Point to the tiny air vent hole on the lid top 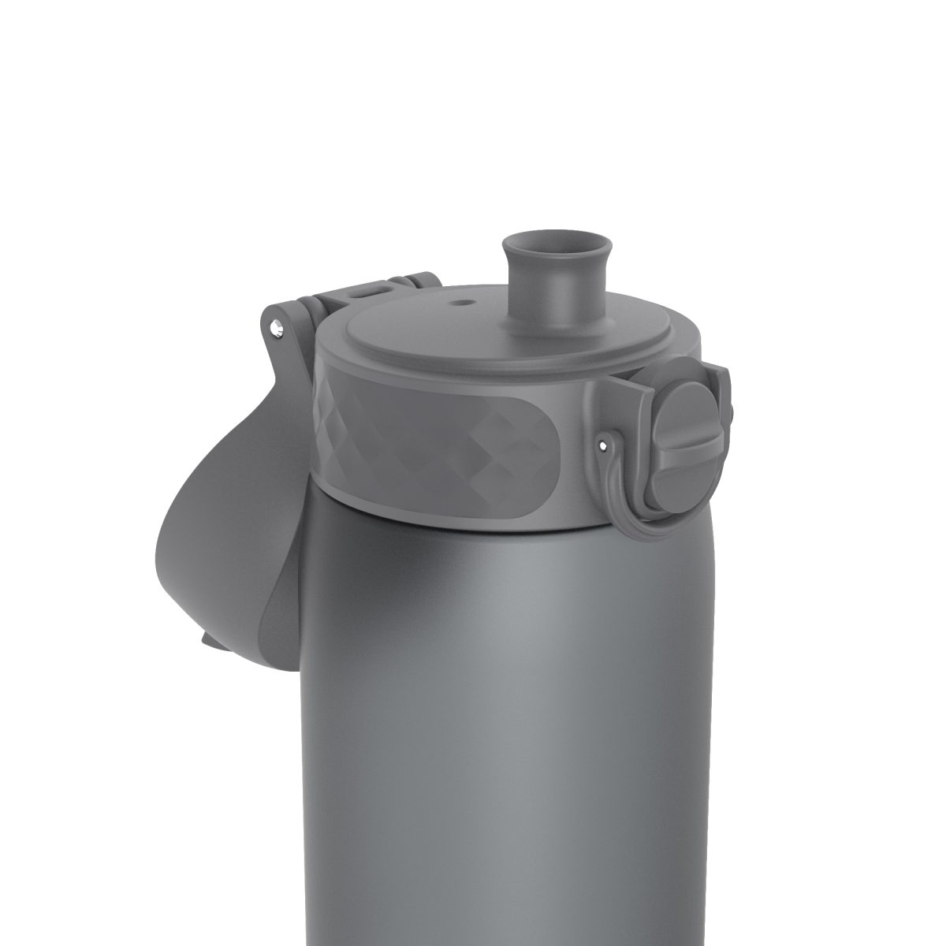pyautogui.click(x=463, y=300)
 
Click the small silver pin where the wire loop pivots pyautogui.click(x=603, y=446)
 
